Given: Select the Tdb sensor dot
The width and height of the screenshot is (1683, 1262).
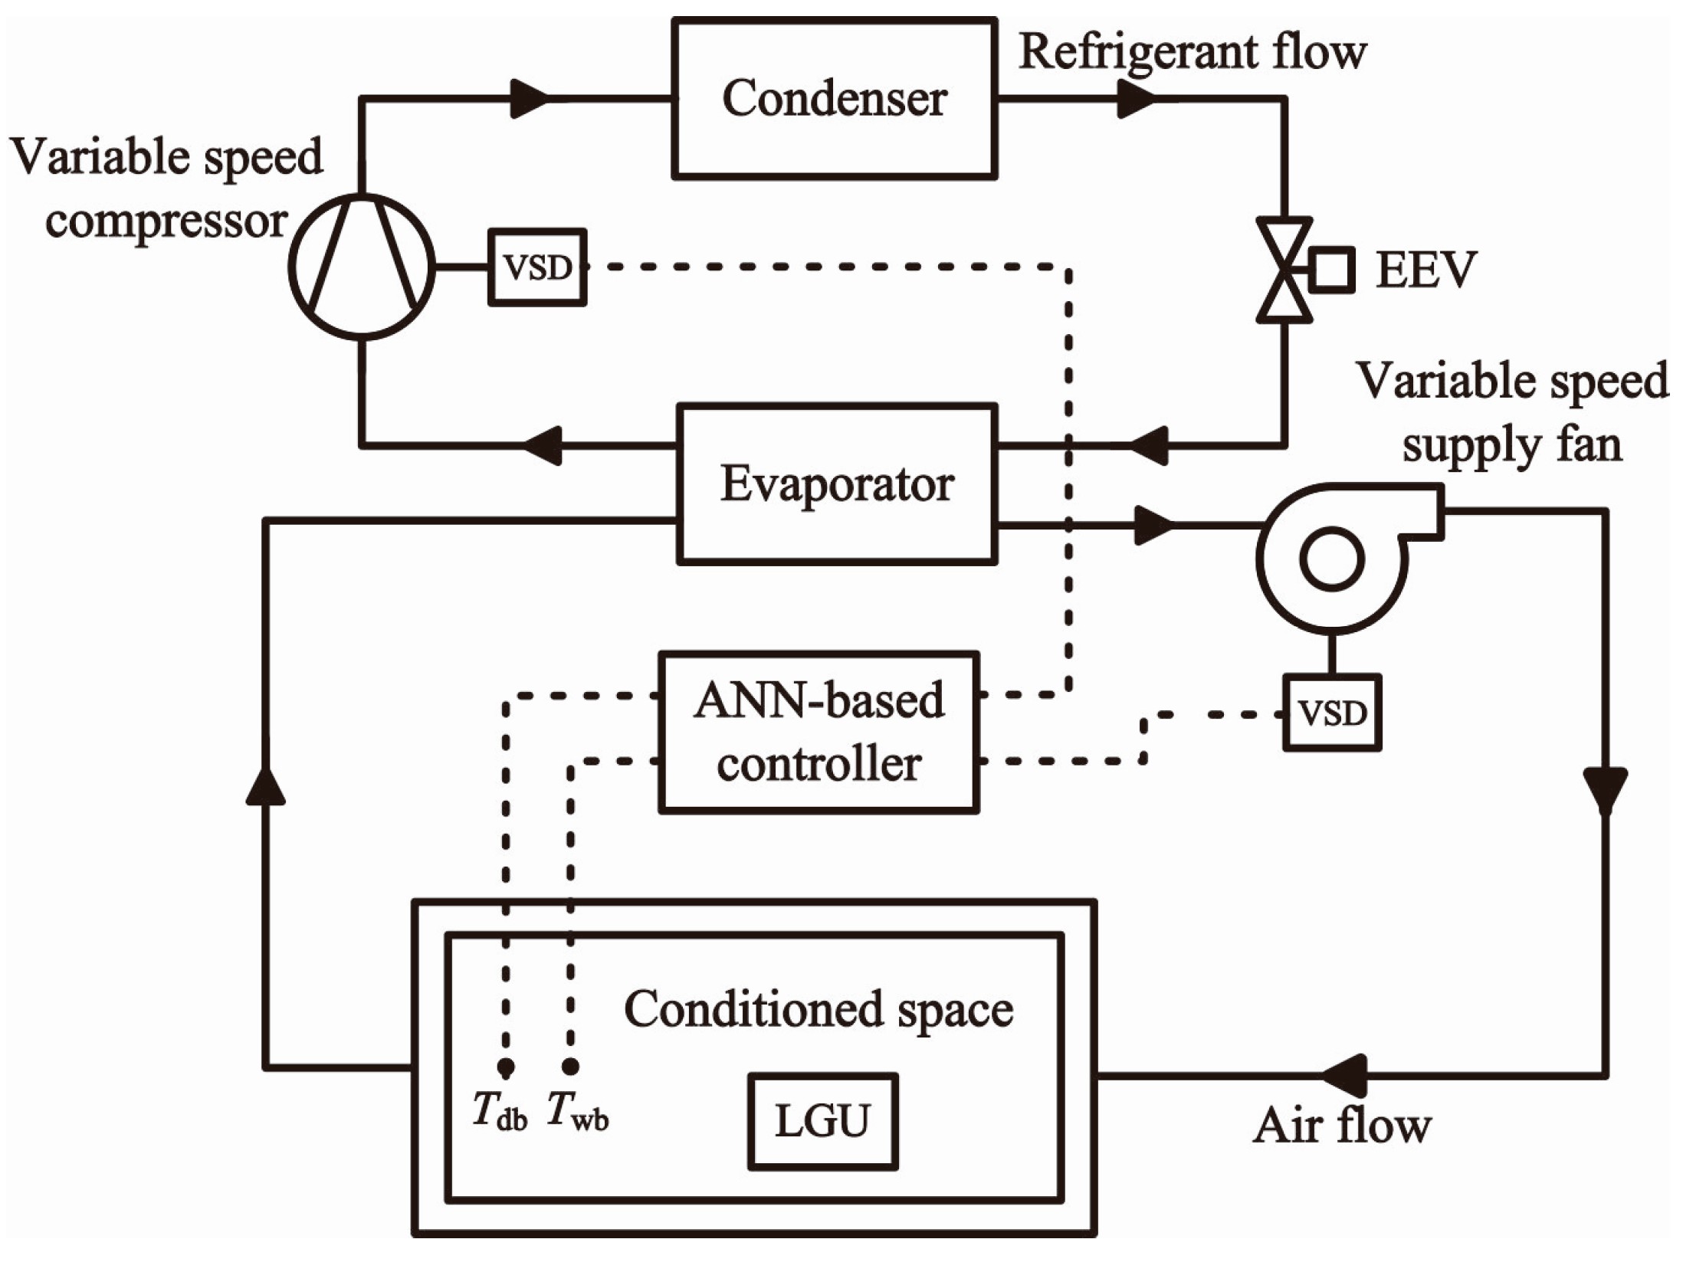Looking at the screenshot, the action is pos(505,1067).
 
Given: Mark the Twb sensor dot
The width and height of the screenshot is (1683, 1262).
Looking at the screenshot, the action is pos(570,1067).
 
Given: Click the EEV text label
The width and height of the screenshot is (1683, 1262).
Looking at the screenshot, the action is pos(1425,270).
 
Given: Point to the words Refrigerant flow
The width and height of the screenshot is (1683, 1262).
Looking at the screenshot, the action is pos(1193,52).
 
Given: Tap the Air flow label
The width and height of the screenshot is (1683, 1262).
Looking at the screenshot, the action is pos(1343,1126).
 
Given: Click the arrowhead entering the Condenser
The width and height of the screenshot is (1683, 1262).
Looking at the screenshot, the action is pos(530,99).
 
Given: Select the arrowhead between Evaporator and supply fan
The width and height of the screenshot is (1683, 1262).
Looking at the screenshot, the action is pos(1154,525).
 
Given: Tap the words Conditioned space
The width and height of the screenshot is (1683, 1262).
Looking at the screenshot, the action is pos(819,1009).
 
